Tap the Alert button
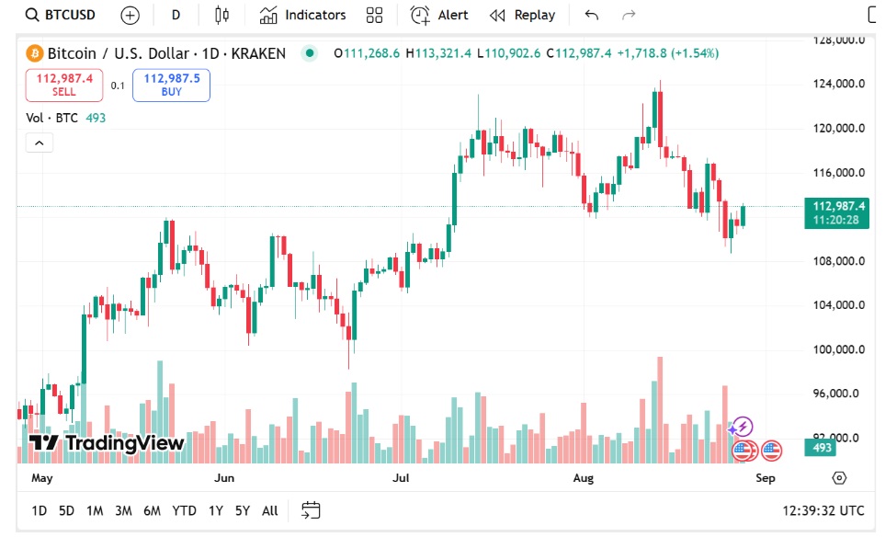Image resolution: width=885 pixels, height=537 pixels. pyautogui.click(x=439, y=15)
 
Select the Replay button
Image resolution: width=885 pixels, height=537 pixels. pyautogui.click(x=523, y=15)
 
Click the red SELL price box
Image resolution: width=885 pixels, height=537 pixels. pyautogui.click(x=64, y=85)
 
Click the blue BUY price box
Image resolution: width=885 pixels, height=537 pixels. pyautogui.click(x=171, y=85)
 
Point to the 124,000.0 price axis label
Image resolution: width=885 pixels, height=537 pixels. pyautogui.click(x=838, y=84)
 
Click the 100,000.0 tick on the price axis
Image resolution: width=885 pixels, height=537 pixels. pyautogui.click(x=838, y=349)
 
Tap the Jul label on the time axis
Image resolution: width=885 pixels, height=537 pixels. pyautogui.click(x=401, y=478)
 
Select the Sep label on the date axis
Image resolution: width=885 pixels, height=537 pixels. pyautogui.click(x=766, y=478)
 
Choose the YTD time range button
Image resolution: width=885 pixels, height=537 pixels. pyautogui.click(x=184, y=510)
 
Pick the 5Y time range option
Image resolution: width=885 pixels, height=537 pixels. pyautogui.click(x=242, y=510)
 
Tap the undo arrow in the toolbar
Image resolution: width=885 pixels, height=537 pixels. pyautogui.click(x=592, y=15)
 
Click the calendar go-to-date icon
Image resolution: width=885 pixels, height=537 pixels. pyautogui.click(x=311, y=510)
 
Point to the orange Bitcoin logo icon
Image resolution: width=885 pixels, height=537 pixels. pyautogui.click(x=35, y=53)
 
